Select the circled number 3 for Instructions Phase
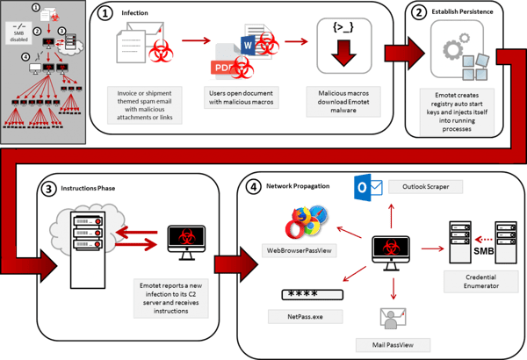(x=46, y=188)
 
